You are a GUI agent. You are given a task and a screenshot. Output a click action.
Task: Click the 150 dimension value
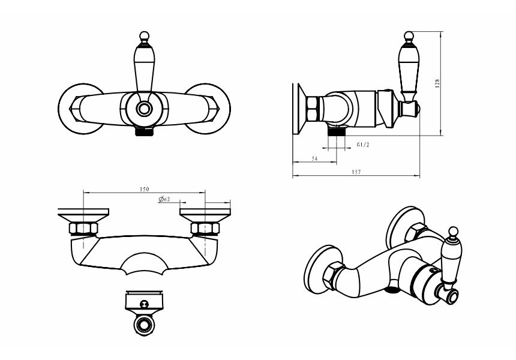[x=145, y=189]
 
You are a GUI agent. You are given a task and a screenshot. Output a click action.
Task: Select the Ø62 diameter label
[x=164, y=199]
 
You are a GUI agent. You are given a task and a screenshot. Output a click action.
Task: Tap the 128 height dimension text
[x=437, y=83]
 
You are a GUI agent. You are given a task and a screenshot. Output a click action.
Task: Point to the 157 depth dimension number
[x=356, y=172]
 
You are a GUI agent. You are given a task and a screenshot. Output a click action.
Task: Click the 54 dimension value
[x=314, y=158]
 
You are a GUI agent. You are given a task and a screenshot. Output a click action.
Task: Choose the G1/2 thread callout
[x=363, y=145]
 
